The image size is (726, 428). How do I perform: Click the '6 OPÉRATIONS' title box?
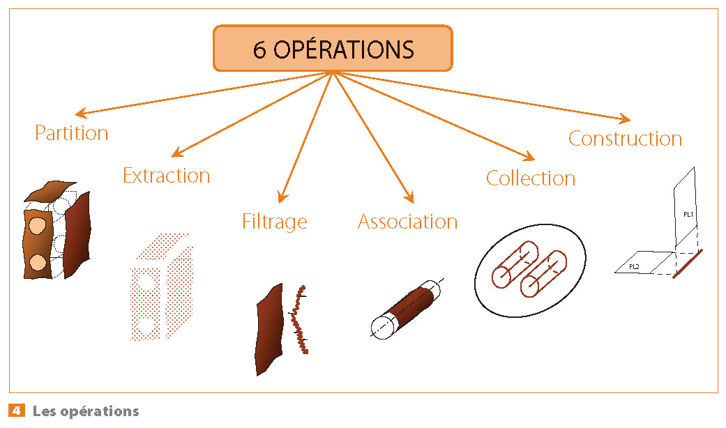pos(333,49)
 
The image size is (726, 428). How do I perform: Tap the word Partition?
pos(72,133)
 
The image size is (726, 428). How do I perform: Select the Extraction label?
pos(166,176)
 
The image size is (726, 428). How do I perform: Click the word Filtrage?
pos(274,222)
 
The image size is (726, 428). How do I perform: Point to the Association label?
pos(407,222)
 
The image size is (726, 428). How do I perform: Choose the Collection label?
pos(530,178)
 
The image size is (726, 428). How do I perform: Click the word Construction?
pos(625,138)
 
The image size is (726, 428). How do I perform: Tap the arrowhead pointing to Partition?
pos(81,114)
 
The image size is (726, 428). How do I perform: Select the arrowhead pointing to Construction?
pos(625,119)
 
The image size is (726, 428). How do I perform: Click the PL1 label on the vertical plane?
pos(688,214)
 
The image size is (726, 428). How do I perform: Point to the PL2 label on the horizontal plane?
pos(634,266)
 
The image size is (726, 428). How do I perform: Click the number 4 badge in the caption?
pos(15,411)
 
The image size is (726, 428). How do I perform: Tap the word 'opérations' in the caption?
pos(100,411)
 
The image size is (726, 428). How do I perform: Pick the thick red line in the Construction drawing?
pos(688,263)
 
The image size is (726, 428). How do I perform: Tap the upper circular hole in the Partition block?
pos(37,227)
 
